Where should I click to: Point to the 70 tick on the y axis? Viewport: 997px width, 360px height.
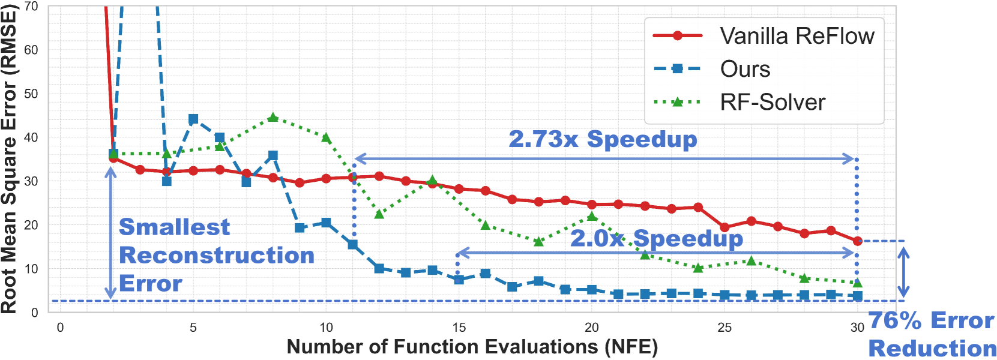31,7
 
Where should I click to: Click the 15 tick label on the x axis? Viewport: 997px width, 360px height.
459,328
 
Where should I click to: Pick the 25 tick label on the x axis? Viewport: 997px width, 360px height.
724,328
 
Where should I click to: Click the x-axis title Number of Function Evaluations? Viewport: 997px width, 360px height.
472,347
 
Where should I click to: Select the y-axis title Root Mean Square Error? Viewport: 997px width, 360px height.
9,160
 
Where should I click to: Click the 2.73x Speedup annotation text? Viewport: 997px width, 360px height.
603,139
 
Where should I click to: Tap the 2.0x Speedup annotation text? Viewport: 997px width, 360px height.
656,238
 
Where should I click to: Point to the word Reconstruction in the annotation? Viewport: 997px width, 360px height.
217,255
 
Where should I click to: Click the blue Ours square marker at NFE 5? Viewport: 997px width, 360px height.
193,119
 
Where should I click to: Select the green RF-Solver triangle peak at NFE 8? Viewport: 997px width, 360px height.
273,117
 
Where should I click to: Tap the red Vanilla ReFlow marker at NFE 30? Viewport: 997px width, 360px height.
857,241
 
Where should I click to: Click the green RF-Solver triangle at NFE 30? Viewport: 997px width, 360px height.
857,283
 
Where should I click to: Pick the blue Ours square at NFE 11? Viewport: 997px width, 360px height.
353,244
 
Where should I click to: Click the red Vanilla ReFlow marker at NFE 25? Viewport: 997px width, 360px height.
724,227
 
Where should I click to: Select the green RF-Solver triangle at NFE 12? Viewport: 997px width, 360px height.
379,214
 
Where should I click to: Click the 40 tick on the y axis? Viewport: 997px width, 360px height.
31,137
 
